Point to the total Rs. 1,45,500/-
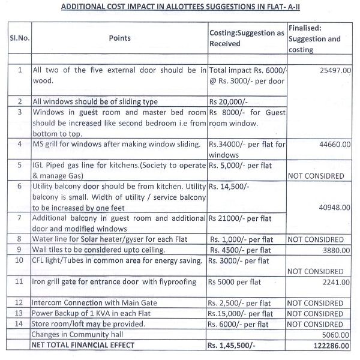[x=236, y=345]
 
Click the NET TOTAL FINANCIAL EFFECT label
[x=84, y=345]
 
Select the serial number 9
[x=20, y=250]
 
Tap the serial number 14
[x=20, y=324]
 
